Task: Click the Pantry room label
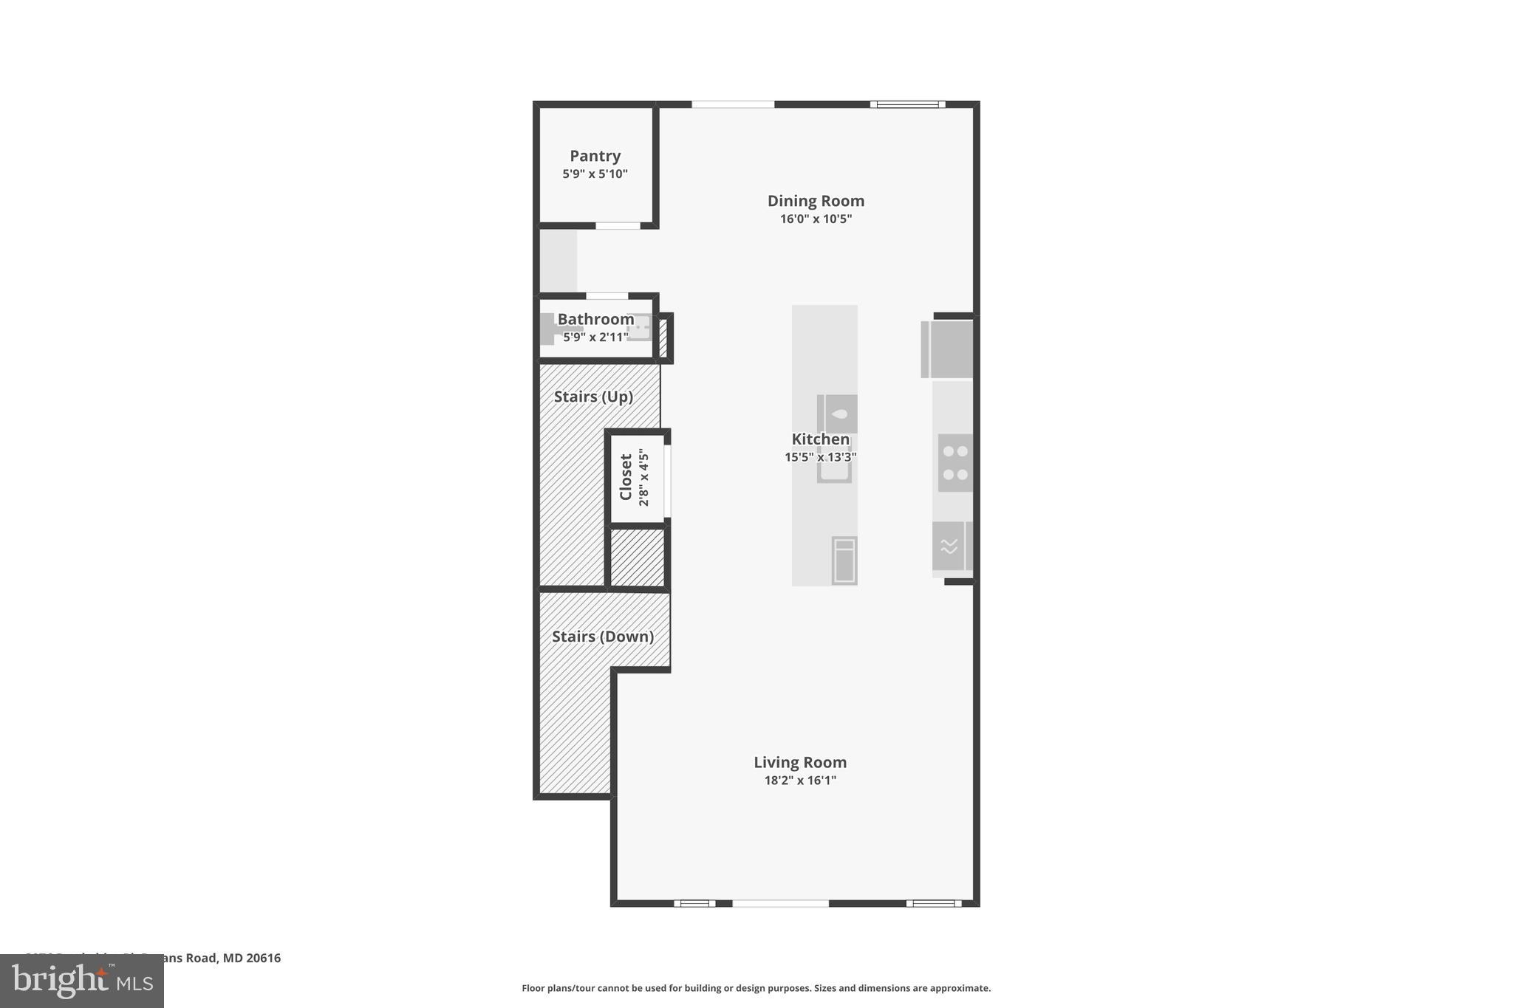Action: pyautogui.click(x=595, y=156)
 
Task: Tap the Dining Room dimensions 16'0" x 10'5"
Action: pyautogui.click(x=816, y=219)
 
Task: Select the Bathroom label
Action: pyautogui.click(x=595, y=319)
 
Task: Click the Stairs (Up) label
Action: pyautogui.click(x=593, y=397)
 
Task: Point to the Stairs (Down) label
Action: pyautogui.click(x=602, y=637)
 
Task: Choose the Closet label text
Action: pyautogui.click(x=626, y=477)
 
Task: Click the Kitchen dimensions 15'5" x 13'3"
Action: pyautogui.click(x=820, y=457)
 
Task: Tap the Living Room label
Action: pyautogui.click(x=800, y=762)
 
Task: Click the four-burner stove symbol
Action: pyautogui.click(x=955, y=463)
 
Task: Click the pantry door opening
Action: pyautogui.click(x=618, y=225)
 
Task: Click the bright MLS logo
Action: pyautogui.click(x=82, y=981)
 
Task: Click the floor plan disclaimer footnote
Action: pyautogui.click(x=756, y=988)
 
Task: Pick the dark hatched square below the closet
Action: pyautogui.click(x=637, y=558)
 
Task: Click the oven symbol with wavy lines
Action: pyautogui.click(x=949, y=546)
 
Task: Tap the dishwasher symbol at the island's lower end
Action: pyautogui.click(x=844, y=560)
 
